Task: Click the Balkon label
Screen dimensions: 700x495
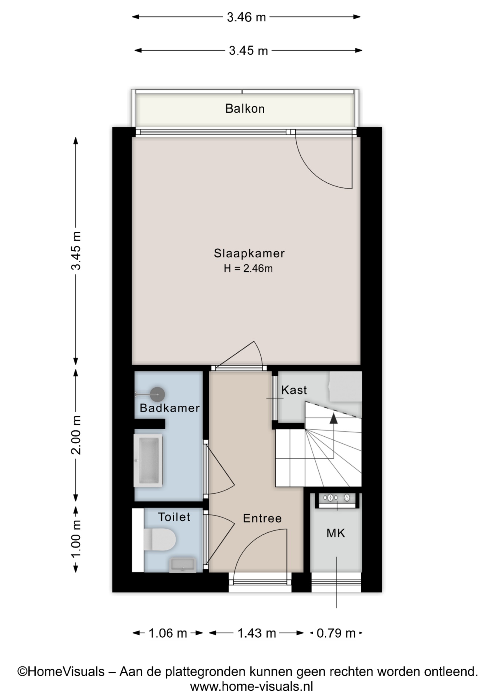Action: pos(245,109)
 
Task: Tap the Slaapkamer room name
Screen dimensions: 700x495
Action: pos(249,253)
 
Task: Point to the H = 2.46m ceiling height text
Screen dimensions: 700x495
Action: pos(248,269)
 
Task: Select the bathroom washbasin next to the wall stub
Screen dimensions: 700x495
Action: pos(148,460)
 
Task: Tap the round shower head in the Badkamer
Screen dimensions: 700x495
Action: pos(158,394)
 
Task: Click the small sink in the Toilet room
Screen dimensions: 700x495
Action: pos(183,565)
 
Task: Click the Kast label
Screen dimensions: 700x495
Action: pos(294,390)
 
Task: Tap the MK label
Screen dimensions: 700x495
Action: pos(335,533)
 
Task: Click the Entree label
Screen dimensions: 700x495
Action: pos(262,518)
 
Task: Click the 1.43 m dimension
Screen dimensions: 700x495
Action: pos(257,633)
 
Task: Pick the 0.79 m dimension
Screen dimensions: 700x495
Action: pos(336,633)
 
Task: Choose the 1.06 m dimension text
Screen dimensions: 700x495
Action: pos(168,633)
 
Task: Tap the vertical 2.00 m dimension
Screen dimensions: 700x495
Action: pos(76,435)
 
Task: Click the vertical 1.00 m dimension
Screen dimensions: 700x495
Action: pos(76,539)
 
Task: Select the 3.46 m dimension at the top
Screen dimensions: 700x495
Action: pos(246,17)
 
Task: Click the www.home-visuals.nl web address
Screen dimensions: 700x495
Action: pos(252,687)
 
